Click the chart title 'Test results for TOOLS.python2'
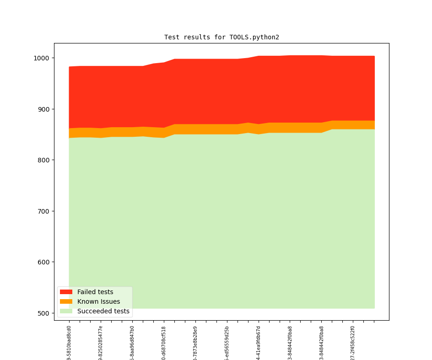tap(221, 38)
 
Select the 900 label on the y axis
tap(44, 109)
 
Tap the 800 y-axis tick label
tap(44, 160)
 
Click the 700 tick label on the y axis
tap(44, 211)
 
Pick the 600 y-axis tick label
tap(44, 262)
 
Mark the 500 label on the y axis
tap(44, 313)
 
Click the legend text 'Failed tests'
tap(95, 292)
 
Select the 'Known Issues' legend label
tap(98, 302)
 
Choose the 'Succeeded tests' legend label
tap(103, 312)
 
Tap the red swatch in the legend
tap(66, 292)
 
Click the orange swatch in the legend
tap(66, 302)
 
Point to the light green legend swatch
tap(66, 312)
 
